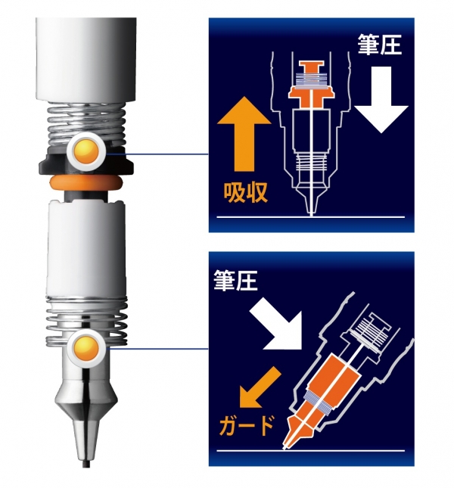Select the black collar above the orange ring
tap(82, 166)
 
